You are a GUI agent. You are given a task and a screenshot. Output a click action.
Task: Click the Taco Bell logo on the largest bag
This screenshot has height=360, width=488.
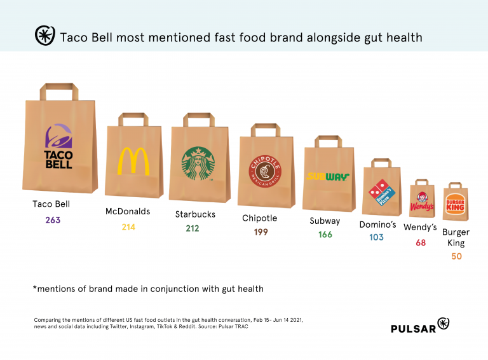tap(59, 146)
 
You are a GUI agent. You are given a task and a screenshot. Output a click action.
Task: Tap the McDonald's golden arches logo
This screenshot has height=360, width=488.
tap(133, 161)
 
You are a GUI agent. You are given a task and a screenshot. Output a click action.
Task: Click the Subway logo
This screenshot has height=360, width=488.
tap(329, 176)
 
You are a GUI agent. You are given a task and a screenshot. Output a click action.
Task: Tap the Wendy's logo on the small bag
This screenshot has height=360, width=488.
tap(422, 204)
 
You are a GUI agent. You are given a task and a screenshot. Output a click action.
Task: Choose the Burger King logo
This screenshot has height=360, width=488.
tap(456, 204)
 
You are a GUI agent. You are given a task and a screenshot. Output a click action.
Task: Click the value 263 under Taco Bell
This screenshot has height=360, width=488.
tap(52, 220)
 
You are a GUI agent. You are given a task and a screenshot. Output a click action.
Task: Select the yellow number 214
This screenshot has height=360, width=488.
tap(128, 226)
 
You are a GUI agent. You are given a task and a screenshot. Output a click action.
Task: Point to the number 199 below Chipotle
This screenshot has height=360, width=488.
tap(261, 233)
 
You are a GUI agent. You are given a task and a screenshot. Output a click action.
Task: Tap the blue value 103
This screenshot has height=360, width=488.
tap(377, 237)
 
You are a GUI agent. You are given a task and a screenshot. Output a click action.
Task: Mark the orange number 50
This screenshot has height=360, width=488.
tap(456, 256)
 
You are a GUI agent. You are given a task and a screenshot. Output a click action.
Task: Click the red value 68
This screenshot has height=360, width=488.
tap(421, 242)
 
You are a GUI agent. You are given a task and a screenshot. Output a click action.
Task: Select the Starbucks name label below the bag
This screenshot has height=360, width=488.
tap(195, 214)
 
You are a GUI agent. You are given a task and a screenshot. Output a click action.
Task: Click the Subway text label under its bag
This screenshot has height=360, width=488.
tap(325, 221)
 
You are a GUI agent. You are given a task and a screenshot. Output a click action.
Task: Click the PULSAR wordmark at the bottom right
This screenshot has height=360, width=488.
tap(412, 328)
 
